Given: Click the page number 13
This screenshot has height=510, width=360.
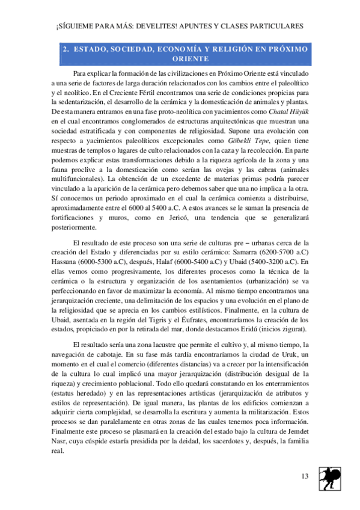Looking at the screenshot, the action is click(305, 477).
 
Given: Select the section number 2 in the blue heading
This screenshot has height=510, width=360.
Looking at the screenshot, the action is click(66, 49).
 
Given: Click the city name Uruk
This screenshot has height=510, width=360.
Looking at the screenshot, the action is click(284, 354).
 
